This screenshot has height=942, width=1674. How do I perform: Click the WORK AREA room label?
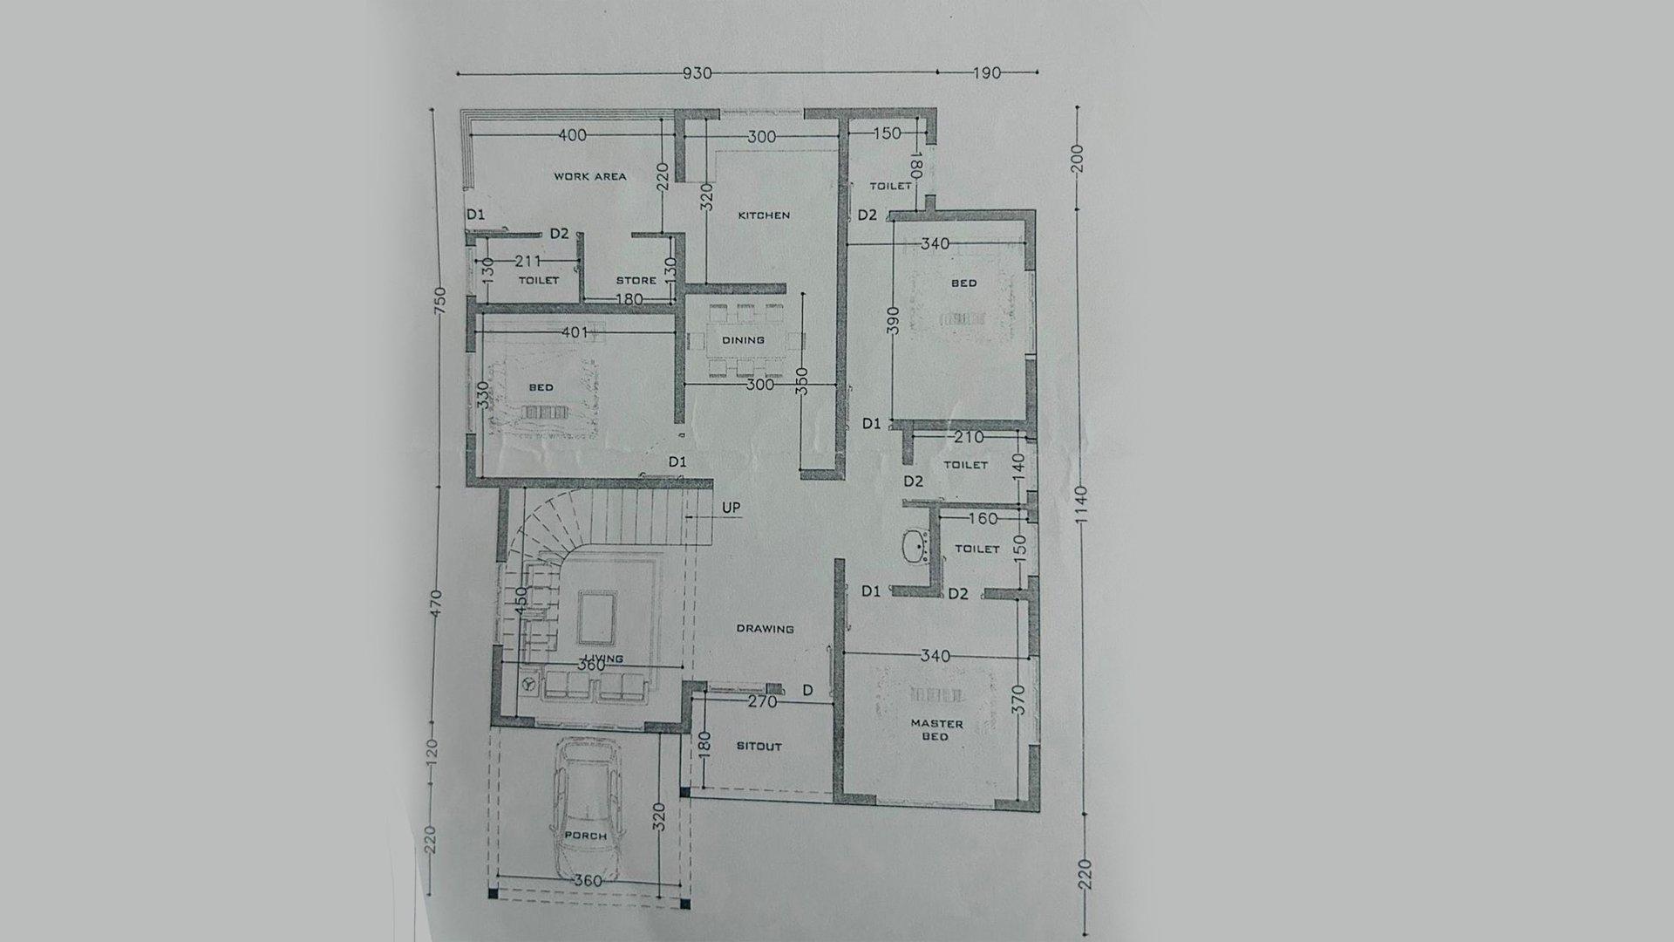590,176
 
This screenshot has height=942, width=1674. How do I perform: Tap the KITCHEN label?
764,215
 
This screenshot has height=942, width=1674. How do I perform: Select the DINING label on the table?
743,340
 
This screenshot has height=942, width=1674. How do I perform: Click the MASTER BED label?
936,730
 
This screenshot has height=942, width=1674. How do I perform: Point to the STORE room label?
636,280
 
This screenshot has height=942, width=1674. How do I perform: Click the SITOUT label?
759,747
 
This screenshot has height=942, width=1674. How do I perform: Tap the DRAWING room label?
765,628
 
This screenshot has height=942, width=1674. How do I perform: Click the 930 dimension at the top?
697,73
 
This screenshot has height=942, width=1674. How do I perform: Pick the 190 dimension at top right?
986,73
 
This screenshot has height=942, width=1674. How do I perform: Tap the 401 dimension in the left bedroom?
575,332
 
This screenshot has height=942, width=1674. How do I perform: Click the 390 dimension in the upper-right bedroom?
891,321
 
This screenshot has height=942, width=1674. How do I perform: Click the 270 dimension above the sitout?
763,700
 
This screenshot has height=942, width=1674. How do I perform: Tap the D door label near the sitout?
807,690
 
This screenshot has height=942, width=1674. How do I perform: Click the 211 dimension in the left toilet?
527,261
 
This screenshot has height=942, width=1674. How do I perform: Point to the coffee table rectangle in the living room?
597,617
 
